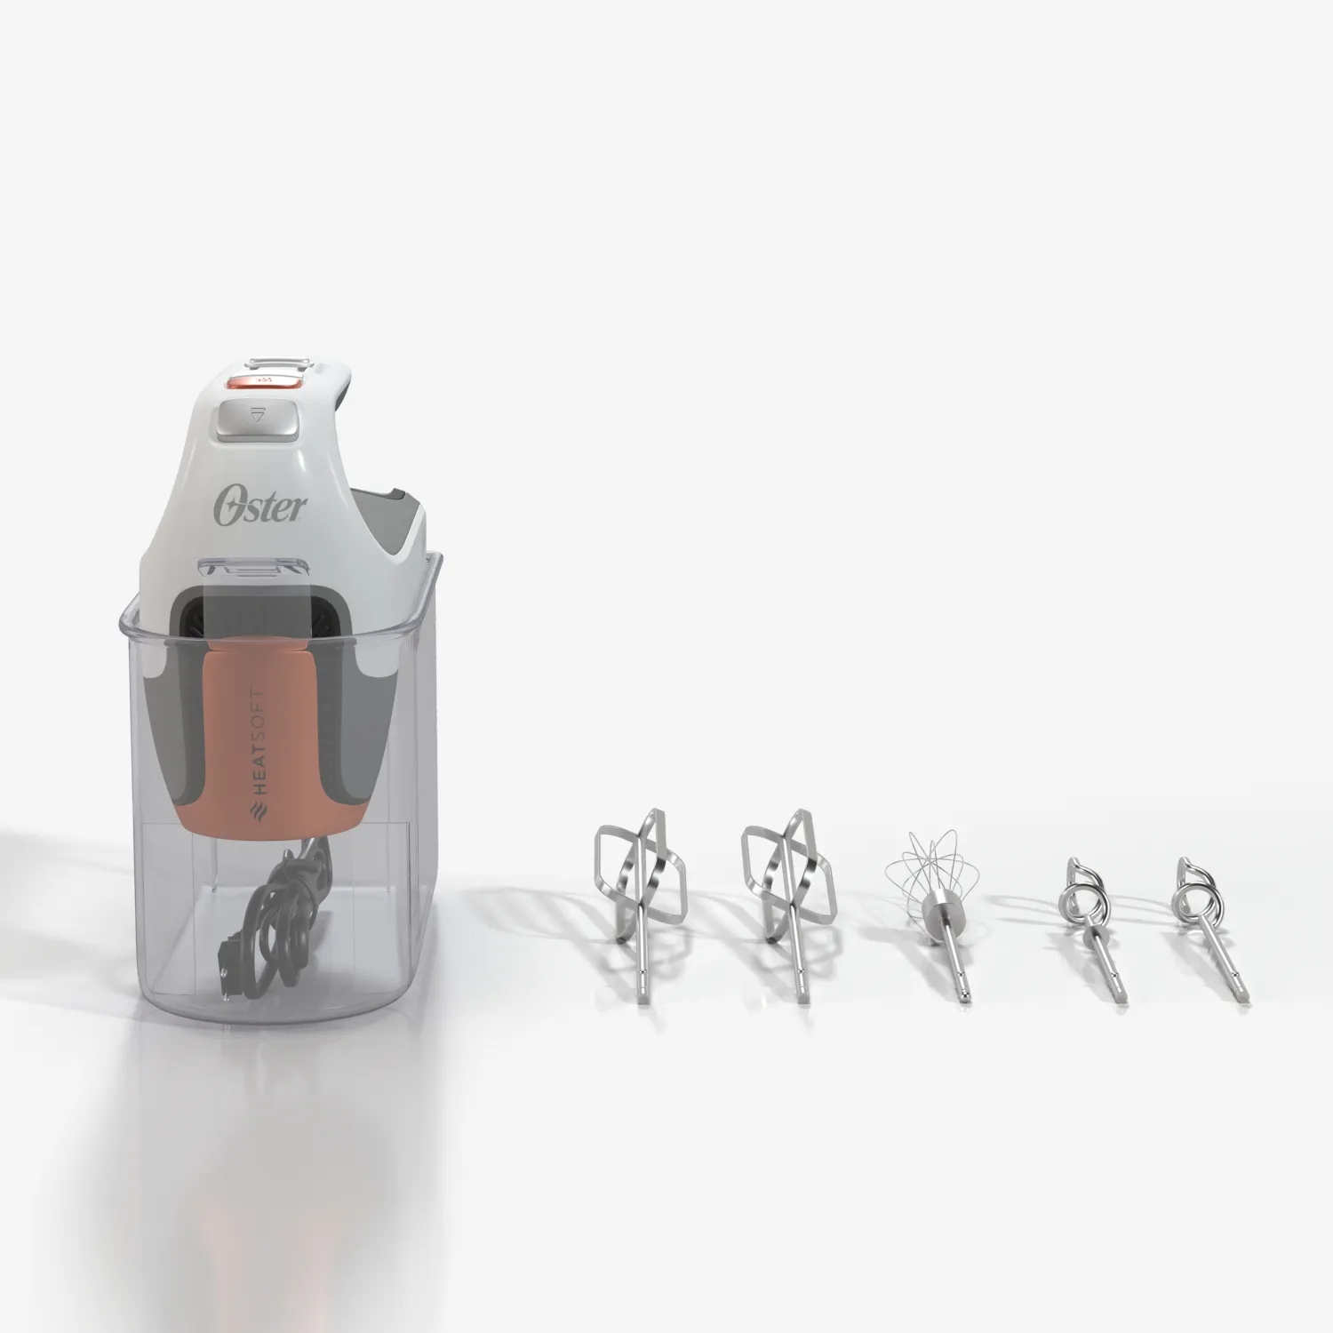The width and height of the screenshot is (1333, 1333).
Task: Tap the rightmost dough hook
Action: [1209, 924]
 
